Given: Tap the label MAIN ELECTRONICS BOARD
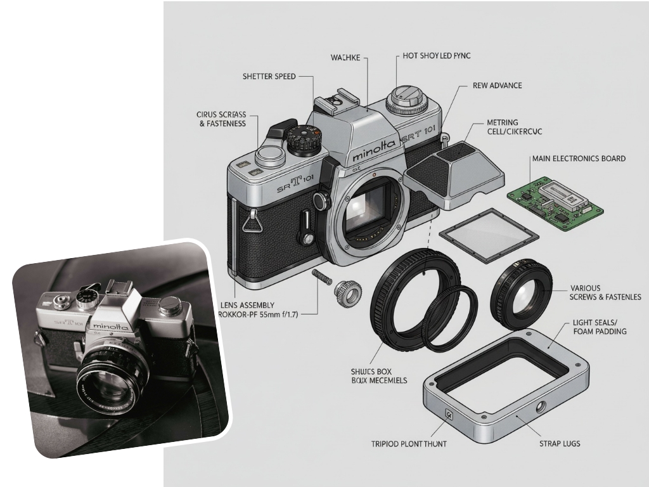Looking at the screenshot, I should point(579,159).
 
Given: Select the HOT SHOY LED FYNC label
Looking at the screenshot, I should point(437,56).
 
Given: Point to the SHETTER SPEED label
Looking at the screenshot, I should point(269,77).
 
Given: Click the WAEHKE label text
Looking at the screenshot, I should point(345,58).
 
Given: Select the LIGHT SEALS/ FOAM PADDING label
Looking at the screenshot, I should point(599,327).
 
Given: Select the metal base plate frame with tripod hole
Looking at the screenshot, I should point(504,387).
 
